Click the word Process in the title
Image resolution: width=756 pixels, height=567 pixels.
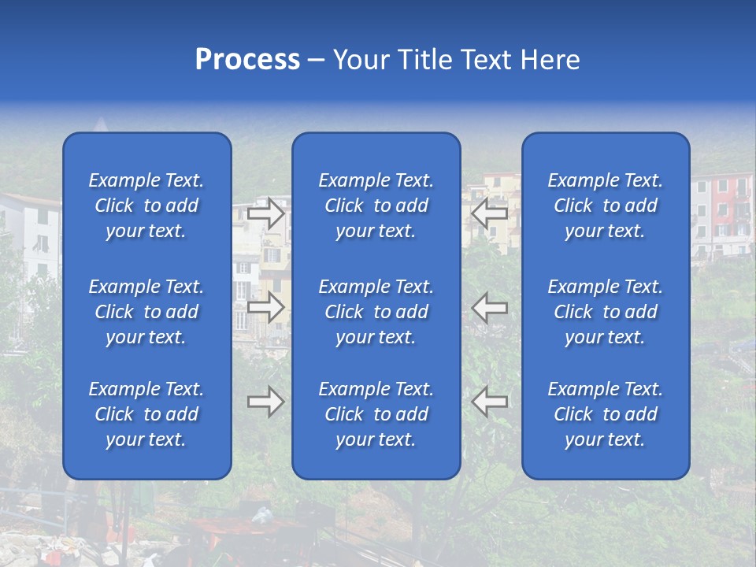[x=247, y=60]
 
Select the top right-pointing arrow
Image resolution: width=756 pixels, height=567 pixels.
[x=266, y=213]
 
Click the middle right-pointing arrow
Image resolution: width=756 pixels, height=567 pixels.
[x=266, y=307]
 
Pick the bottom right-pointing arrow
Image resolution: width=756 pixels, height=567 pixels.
[x=266, y=402]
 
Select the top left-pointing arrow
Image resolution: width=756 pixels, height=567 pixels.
[x=489, y=213]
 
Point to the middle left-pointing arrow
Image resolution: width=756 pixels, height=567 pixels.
[x=489, y=307]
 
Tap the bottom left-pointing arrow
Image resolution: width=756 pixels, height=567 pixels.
[x=489, y=402]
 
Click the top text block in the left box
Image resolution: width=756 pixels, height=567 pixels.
[x=146, y=206]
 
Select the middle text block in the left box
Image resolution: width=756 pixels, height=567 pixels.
[x=146, y=312]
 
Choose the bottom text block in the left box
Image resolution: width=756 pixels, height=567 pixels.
[x=146, y=414]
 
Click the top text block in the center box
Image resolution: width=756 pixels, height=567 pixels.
[x=376, y=206]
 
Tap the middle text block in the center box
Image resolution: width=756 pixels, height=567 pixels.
[x=376, y=312]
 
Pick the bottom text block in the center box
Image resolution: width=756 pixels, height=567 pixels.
[x=376, y=414]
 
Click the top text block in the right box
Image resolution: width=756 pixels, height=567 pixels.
[x=605, y=206]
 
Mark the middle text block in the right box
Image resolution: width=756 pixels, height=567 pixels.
[x=605, y=312]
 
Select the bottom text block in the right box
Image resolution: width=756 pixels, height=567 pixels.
[x=605, y=414]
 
